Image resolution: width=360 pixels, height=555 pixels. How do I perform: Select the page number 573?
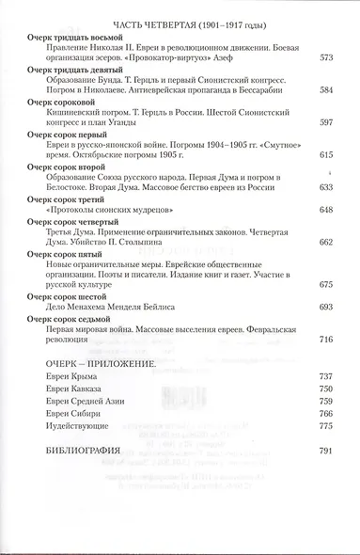[x=327, y=58]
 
